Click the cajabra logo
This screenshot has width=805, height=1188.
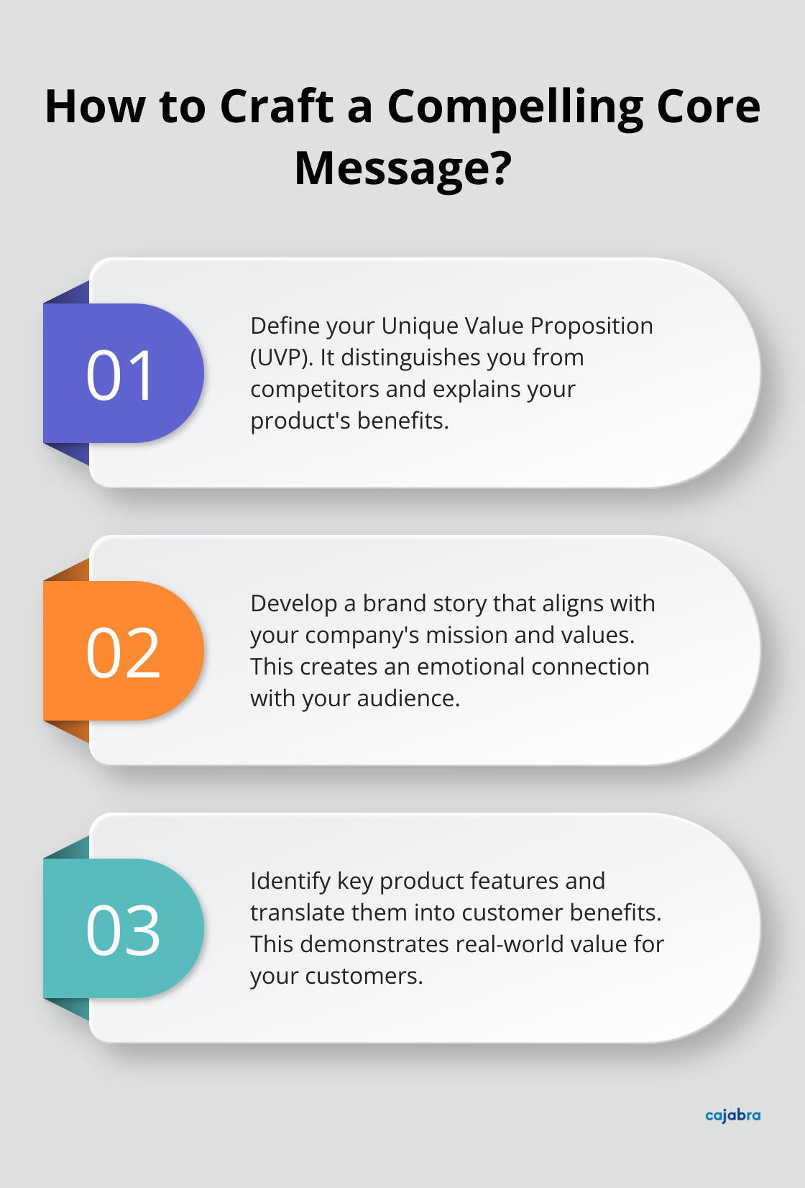coord(732,1115)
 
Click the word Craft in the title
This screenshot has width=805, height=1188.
coord(276,106)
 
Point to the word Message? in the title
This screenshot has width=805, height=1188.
coord(402,168)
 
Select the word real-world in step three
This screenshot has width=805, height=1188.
coord(502,944)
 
